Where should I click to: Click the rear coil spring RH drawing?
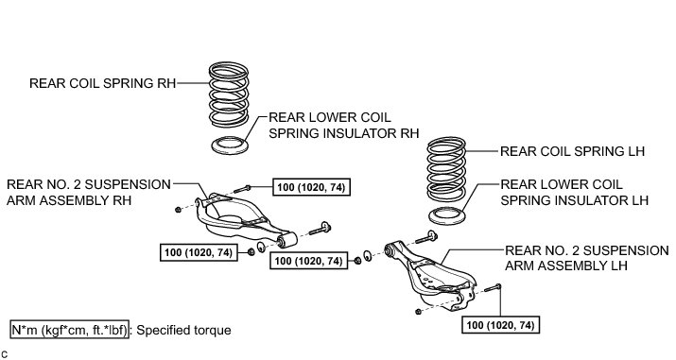pos(229,94)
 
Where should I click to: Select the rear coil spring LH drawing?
pos(446,170)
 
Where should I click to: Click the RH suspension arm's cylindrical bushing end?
pos(287,240)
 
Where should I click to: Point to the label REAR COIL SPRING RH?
pos(103,83)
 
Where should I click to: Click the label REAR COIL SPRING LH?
pos(572,151)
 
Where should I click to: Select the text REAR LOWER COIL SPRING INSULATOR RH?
pos(343,126)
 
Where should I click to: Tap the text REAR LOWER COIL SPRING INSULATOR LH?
pos(574,193)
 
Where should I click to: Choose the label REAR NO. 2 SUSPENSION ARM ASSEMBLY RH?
pos(89,193)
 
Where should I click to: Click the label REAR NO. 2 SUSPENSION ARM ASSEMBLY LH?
pos(587,258)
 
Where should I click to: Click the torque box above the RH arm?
pos(311,187)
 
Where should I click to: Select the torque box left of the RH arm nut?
pos(199,252)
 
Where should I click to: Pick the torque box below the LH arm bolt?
pos(500,325)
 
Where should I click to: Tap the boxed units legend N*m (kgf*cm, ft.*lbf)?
pos(69,331)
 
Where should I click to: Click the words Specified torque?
pos(183,331)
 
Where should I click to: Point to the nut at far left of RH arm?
pos(178,210)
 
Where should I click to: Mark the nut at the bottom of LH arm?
pos(418,312)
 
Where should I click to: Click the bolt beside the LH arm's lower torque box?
pos(493,287)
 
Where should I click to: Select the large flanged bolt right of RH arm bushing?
pos(320,229)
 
